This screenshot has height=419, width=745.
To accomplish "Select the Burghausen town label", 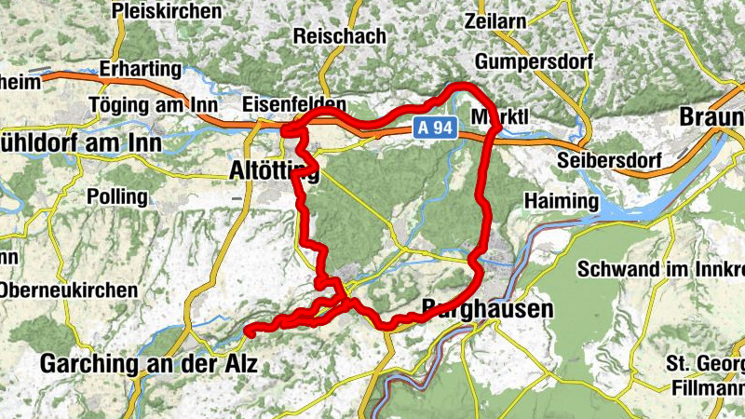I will [x=487, y=307].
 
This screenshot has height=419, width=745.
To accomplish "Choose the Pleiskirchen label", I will [x=167, y=11].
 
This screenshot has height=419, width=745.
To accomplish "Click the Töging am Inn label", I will [x=154, y=105].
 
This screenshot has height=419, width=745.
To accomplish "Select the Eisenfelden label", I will [x=293, y=103].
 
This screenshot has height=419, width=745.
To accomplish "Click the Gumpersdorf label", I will [x=527, y=61].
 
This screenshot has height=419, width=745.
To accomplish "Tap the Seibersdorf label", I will [x=605, y=160].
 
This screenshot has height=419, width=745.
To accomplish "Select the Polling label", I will [x=116, y=196].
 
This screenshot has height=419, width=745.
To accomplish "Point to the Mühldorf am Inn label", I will [x=80, y=143].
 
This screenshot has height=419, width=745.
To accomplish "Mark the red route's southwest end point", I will [x=249, y=328].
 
